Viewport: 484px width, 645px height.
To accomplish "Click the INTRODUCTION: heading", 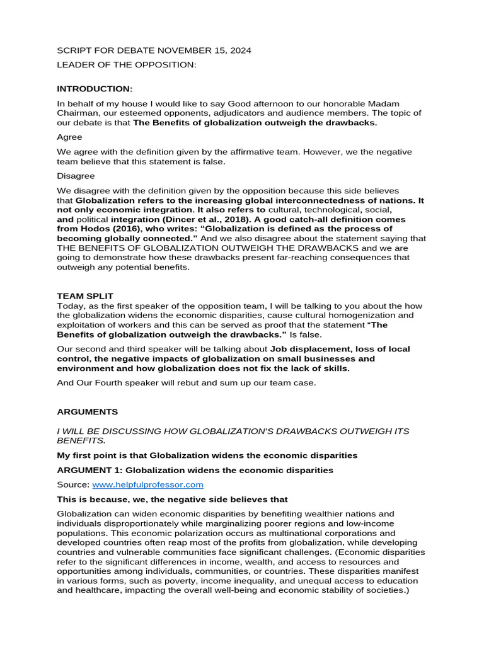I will pos(95,89).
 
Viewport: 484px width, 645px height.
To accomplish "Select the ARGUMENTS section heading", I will pos(87,411).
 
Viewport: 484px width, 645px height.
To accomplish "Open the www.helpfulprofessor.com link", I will pos(147,484).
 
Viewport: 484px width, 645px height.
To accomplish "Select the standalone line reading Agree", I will pos(69,137).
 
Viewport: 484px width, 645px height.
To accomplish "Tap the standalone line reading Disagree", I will pos(76,176).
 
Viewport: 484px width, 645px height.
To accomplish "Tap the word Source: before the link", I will pos(73,484).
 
